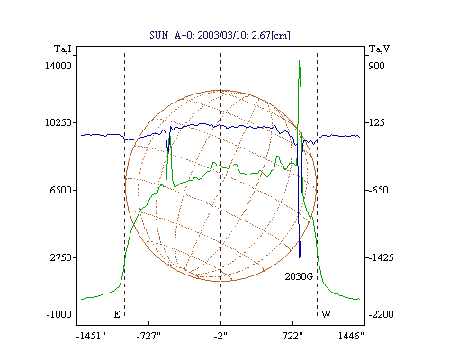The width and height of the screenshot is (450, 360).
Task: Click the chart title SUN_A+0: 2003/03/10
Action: [220, 35]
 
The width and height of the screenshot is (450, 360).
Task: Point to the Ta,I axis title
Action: [63, 49]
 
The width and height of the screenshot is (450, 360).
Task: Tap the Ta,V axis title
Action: [379, 49]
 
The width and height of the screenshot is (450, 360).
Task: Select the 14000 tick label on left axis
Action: [58, 66]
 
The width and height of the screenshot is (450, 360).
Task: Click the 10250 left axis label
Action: [58, 122]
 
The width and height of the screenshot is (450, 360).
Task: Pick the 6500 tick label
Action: [60, 190]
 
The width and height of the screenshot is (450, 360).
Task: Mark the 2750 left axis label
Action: [60, 257]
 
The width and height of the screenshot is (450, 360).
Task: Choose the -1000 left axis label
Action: [59, 314]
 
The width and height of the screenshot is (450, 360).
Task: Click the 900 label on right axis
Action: [376, 66]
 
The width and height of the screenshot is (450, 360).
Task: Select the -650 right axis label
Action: [377, 190]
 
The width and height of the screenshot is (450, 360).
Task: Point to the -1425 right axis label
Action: [380, 257]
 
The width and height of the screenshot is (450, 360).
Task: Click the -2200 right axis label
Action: [381, 314]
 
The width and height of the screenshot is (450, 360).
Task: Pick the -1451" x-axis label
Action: [91, 336]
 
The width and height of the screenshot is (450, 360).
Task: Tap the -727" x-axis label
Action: [148, 336]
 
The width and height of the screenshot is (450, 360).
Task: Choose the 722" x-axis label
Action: [292, 336]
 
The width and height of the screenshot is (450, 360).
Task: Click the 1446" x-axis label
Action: [351, 336]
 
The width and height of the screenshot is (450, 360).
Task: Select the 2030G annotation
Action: [299, 276]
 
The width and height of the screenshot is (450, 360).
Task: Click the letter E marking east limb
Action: [117, 314]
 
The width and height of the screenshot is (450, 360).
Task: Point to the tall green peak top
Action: [299, 61]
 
